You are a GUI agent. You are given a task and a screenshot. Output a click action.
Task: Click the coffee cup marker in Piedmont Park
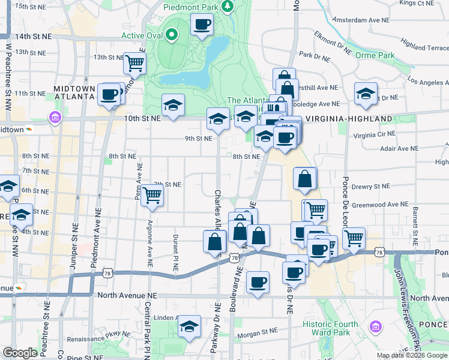point(202,25)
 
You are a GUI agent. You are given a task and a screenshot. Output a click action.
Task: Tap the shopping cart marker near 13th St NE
point(134,62)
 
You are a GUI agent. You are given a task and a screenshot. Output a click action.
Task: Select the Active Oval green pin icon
point(172,34)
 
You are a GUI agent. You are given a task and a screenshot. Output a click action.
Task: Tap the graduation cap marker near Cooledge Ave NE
point(366,93)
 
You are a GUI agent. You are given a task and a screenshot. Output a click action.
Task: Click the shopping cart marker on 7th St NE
point(152,194)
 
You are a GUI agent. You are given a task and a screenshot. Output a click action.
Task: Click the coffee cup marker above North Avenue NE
point(258,281)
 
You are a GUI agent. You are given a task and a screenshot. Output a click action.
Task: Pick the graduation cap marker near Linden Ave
point(190,326)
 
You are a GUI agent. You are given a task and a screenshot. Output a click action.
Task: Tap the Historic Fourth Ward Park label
point(330,328)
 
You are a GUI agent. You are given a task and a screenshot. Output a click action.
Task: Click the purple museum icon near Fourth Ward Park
point(376,327)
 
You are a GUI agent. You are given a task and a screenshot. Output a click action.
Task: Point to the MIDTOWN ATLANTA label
point(75,92)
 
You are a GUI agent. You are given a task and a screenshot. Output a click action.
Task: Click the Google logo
point(20,353)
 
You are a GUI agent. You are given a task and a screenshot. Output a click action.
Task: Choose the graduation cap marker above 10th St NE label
point(173,106)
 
